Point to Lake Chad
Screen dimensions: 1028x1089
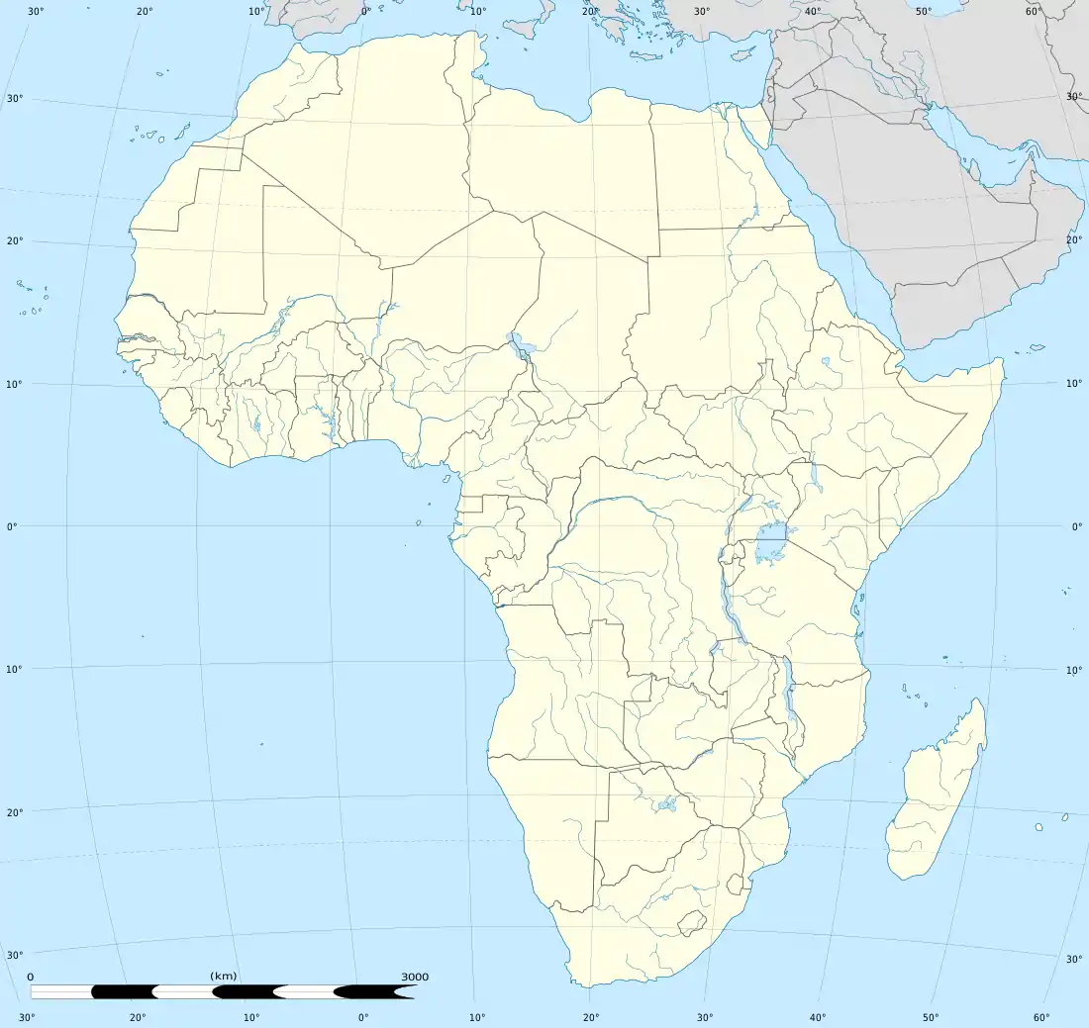(x=517, y=345)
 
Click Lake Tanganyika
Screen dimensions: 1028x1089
(x=733, y=618)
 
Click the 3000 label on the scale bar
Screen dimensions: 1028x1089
(x=415, y=977)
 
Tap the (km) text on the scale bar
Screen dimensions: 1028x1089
(x=224, y=977)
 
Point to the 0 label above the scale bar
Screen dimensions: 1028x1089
(x=31, y=977)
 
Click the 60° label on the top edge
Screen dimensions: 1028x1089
(x=1034, y=11)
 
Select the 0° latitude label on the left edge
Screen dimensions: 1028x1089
(x=13, y=525)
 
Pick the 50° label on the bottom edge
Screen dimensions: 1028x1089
(x=932, y=1016)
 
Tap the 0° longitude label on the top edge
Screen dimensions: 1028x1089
(x=365, y=11)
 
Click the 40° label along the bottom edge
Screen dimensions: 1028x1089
(x=818, y=1016)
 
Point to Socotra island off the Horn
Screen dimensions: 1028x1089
(x=1036, y=347)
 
